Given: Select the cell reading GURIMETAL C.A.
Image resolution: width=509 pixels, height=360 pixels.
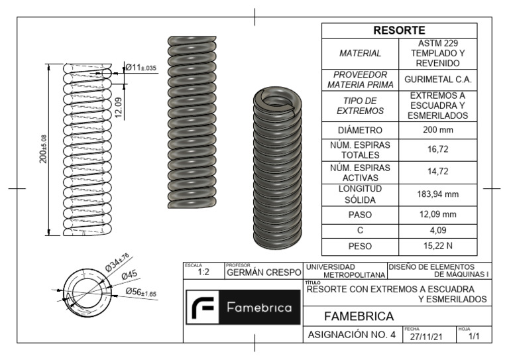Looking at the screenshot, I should click(437, 80).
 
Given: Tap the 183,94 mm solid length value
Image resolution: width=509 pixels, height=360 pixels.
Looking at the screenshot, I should click(437, 196).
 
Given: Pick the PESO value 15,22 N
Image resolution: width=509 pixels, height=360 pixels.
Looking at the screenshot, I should click(437, 247).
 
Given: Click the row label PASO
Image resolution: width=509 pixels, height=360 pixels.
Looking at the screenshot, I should click(360, 215).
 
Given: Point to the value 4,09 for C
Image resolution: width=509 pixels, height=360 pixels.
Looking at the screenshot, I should click(437, 231).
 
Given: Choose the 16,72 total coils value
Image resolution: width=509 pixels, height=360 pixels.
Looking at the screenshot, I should click(437, 150).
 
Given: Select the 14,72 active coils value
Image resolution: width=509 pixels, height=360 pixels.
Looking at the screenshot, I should click(437, 173).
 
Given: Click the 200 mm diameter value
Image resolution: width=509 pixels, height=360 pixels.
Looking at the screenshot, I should click(437, 130).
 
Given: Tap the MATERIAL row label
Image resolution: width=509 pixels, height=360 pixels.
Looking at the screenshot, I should click(360, 53).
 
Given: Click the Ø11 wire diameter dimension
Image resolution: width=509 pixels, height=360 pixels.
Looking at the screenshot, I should click(141, 67).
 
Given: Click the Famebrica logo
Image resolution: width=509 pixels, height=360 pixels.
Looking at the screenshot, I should click(243, 309).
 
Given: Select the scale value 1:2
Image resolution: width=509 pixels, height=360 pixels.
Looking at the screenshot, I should click(205, 272).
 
